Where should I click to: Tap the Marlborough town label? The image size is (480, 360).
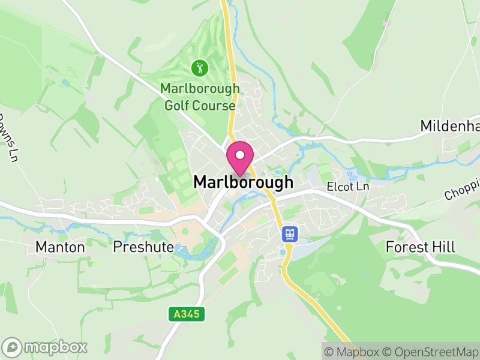[243, 182]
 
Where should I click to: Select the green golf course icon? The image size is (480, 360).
[199, 68]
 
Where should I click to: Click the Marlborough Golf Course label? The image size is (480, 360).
[199, 97]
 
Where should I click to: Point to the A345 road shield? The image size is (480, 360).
[187, 314]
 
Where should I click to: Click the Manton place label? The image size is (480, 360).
[60, 247]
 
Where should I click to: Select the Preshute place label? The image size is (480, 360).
[143, 247]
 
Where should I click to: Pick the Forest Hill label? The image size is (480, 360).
[420, 247]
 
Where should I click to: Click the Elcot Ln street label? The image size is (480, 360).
[348, 187]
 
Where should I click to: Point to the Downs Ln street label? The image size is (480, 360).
[7, 138]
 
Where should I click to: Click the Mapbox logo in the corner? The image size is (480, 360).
[45, 346]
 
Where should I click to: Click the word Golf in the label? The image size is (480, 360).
[178, 106]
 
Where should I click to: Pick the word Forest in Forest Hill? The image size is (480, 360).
[407, 247]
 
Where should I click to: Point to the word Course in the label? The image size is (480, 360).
[214, 106]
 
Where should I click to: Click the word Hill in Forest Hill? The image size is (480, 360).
[444, 247]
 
